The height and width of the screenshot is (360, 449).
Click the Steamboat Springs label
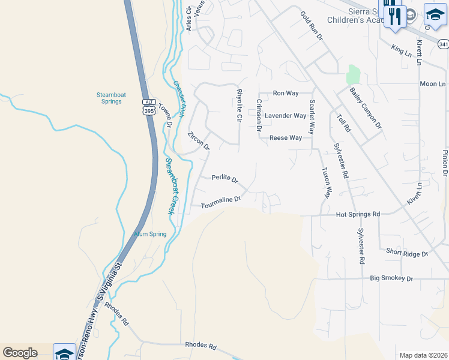click(109, 98)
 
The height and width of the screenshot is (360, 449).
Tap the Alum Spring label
click(149, 234)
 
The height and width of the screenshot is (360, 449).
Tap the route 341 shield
click(443, 44)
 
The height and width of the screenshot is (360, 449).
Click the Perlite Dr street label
click(225, 179)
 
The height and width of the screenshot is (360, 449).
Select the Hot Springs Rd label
click(358, 214)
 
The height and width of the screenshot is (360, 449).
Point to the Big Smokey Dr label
click(392, 278)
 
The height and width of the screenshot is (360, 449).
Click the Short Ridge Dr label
click(406, 253)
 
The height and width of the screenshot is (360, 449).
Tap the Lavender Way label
click(286, 116)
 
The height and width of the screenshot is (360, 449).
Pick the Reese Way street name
click(286, 137)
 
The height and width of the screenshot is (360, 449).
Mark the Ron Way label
click(286, 93)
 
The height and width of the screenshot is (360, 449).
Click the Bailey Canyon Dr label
click(366, 107)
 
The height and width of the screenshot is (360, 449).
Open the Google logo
click(20, 353)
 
